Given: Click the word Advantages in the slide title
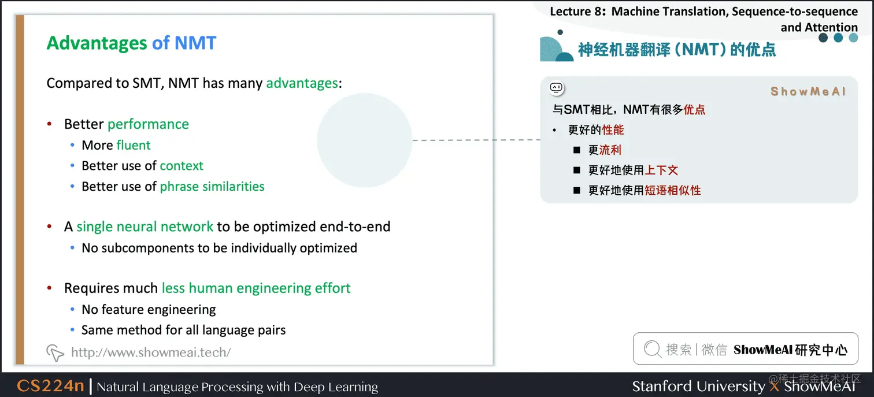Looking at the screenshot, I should [x=97, y=43].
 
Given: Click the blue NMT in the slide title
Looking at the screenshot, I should [x=195, y=43].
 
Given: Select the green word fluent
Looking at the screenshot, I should [x=133, y=145].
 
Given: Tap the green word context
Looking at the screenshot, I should [x=182, y=166].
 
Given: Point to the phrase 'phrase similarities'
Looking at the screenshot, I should [x=212, y=187].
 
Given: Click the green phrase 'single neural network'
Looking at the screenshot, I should [x=145, y=227].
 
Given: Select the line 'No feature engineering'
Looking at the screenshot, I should [x=149, y=310].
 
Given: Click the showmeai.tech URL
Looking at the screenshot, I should [x=150, y=352].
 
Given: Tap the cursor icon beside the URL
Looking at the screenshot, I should [x=54, y=352].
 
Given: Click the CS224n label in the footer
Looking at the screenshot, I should [x=50, y=386].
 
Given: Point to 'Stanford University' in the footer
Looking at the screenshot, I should [x=698, y=386].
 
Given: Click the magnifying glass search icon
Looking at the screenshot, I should [x=652, y=349].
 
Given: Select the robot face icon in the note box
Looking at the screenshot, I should [x=556, y=88].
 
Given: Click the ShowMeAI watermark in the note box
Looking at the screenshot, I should [x=808, y=91].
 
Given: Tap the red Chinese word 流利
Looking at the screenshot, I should [x=610, y=150].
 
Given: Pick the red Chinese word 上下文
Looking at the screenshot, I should [x=661, y=170].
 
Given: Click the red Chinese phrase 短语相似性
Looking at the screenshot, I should [x=672, y=190].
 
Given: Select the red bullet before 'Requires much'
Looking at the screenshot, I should [x=50, y=288].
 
